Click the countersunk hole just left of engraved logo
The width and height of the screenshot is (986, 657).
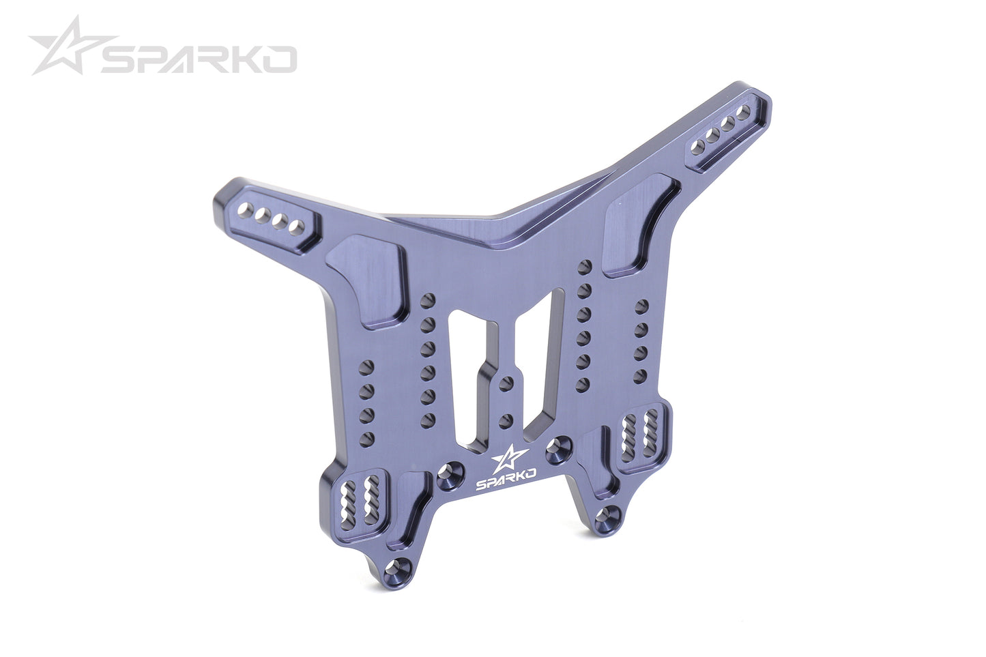(x=448, y=472)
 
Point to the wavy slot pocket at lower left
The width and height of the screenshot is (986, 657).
(x=362, y=501)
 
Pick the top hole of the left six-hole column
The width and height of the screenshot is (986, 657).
(x=429, y=300)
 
